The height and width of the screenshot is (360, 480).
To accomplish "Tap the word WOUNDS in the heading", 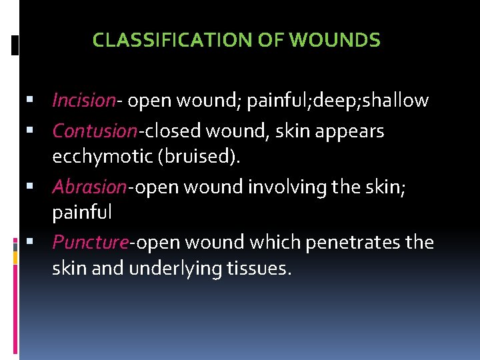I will [335, 41].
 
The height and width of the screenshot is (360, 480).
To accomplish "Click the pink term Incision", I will [83, 101].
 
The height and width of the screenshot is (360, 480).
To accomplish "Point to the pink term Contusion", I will [95, 131].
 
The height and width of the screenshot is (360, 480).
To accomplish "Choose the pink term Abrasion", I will [89, 187].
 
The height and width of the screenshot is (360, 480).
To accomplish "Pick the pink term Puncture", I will [89, 242].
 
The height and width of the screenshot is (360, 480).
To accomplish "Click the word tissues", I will [263, 270].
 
